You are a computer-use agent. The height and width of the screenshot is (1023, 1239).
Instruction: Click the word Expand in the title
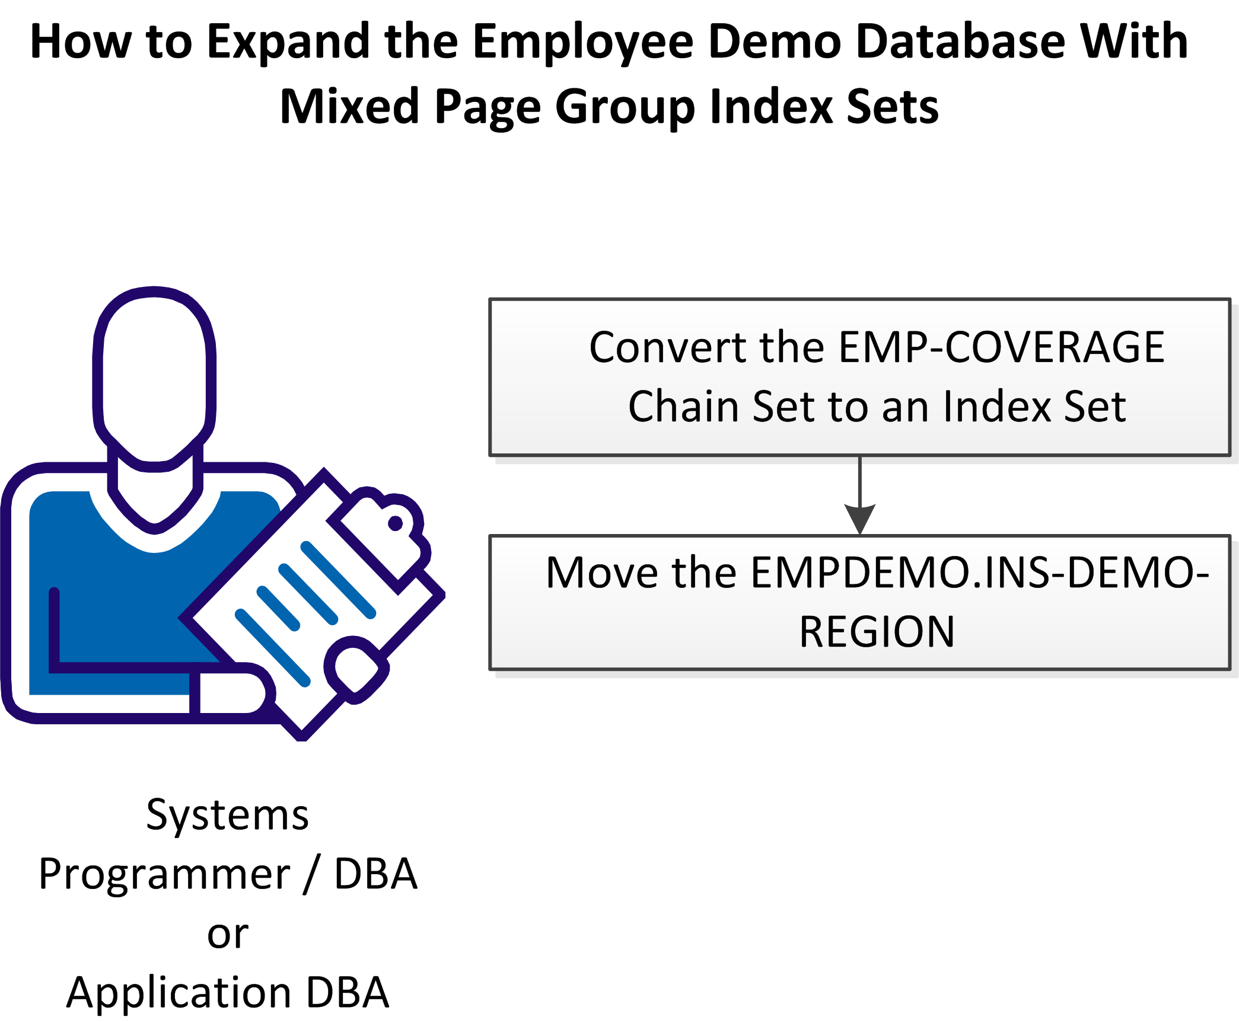coord(288,43)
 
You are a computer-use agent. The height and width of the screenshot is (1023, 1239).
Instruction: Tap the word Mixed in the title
coord(350,107)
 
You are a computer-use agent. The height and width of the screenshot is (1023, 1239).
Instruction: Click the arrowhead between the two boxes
coord(859,519)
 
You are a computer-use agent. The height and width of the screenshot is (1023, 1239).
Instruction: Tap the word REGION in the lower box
coord(877,632)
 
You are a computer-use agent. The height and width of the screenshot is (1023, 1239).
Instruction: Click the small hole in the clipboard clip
coord(396,523)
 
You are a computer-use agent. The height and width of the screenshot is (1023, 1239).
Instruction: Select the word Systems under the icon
coord(228,816)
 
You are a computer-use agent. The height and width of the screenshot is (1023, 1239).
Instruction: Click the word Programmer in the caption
coord(164,875)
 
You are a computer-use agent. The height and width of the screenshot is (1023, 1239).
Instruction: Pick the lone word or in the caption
coord(228,934)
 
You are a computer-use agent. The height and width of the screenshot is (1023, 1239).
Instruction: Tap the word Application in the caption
coord(179,993)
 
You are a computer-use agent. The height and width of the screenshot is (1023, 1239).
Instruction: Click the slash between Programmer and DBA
coord(312,875)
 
